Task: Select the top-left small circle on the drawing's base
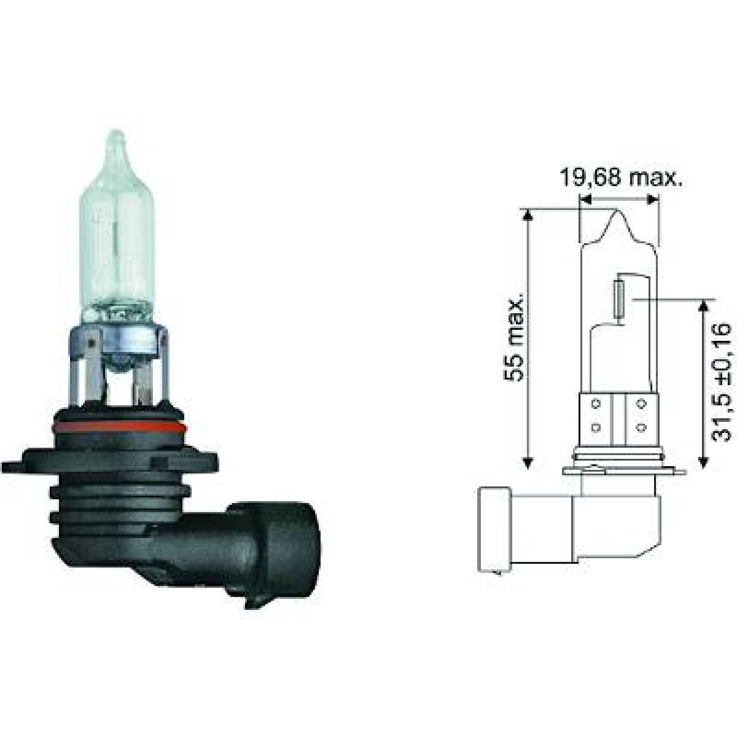(596, 404)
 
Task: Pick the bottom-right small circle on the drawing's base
(641, 427)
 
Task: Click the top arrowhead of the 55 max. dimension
(528, 214)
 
